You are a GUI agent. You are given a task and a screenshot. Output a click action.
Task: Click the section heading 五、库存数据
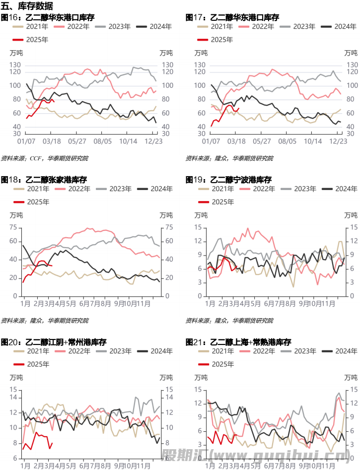(x=27, y=6)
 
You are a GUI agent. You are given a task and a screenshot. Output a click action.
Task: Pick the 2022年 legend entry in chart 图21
(x=261, y=351)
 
